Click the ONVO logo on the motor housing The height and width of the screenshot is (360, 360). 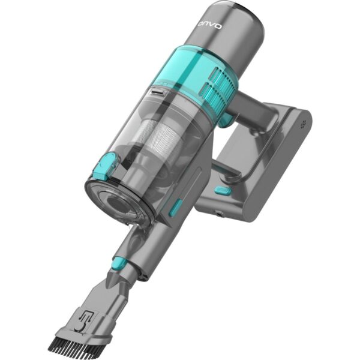210,25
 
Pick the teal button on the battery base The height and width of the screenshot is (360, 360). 222,191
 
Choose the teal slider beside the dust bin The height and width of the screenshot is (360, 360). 176,208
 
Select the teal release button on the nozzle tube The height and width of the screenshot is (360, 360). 119,262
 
